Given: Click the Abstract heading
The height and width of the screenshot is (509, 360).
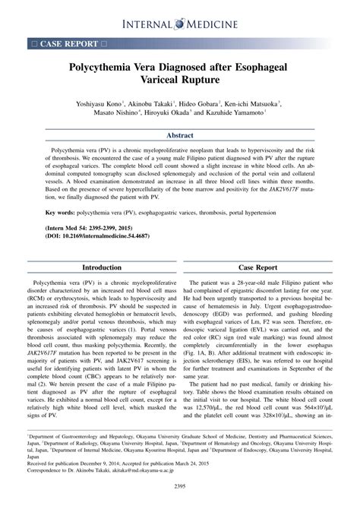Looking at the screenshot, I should [x=179, y=136].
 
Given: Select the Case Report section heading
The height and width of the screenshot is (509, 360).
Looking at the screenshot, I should [x=258, y=267].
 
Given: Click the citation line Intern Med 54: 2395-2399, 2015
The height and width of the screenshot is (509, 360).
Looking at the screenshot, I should [x=94, y=229].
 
